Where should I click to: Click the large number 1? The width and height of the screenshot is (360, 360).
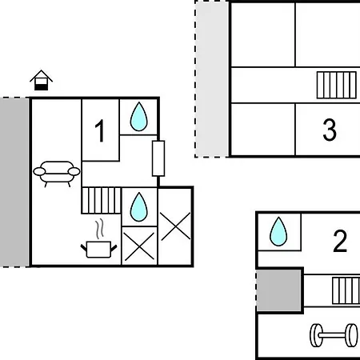pos(100,130)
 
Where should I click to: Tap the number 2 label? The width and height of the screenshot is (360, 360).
pos(340,241)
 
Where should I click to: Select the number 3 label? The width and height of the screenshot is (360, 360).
pos(330,130)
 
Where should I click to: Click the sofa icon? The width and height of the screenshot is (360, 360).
pos(57,174)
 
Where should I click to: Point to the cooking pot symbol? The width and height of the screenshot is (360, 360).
pos(98,250)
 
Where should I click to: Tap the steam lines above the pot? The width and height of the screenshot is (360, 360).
pos(100,229)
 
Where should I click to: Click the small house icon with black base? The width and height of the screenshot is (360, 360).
pos(41,80)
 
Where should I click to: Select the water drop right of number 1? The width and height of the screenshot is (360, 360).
pos(138,117)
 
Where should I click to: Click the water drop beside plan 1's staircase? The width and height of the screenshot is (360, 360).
pos(138,207)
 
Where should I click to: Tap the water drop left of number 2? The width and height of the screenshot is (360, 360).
pos(278,231)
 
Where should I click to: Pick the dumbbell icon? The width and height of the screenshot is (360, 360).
pos(334,335)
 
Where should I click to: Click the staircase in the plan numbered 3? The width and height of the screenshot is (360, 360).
pos(337,85)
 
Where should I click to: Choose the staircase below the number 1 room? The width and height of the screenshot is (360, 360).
pos(102,201)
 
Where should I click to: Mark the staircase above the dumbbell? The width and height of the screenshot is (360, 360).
pos(346,290)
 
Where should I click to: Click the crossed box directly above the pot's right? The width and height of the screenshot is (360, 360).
pos(139,246)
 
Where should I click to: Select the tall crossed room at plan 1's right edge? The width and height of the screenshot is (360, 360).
pos(175,226)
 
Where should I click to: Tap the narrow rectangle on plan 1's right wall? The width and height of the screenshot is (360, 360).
pos(158,158)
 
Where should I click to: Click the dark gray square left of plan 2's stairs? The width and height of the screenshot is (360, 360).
pos(279,290)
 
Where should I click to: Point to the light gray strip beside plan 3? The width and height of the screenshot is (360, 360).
pos(212,79)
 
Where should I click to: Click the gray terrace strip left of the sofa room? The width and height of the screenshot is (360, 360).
pos(14,182)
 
